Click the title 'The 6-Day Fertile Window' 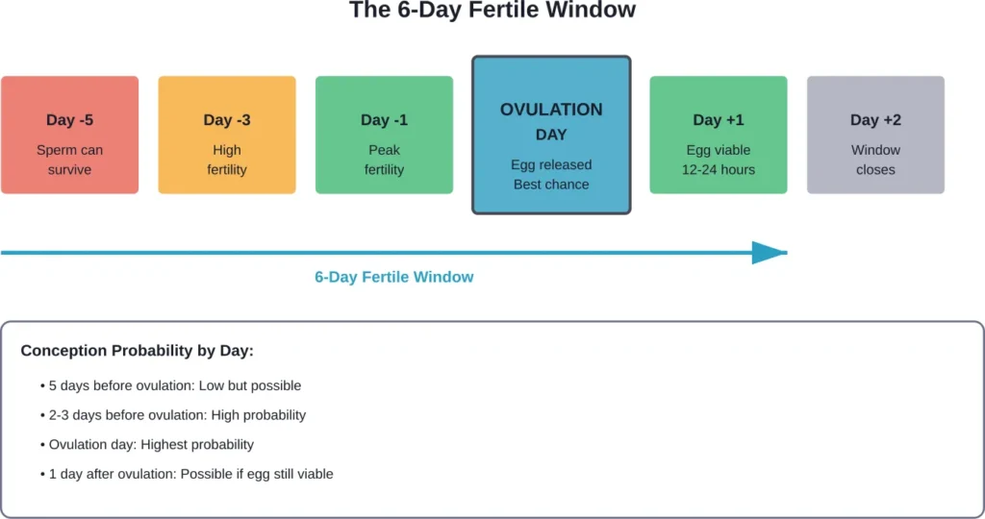click(492, 12)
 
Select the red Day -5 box click(69, 135)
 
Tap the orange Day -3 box click(227, 135)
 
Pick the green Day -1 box click(384, 135)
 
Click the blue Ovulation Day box click(551, 135)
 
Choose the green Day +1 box click(719, 135)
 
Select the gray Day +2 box click(875, 135)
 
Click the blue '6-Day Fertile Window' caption click(394, 277)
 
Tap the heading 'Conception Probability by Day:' click(138, 351)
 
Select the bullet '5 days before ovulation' click(171, 385)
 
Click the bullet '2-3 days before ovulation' click(173, 415)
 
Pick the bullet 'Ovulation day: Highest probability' click(147, 444)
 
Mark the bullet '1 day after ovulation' click(187, 474)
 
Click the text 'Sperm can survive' click(69, 160)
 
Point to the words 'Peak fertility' click(384, 160)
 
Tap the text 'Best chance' click(551, 185)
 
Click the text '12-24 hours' click(719, 170)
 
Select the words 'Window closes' click(875, 160)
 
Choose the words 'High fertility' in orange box click(227, 160)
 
